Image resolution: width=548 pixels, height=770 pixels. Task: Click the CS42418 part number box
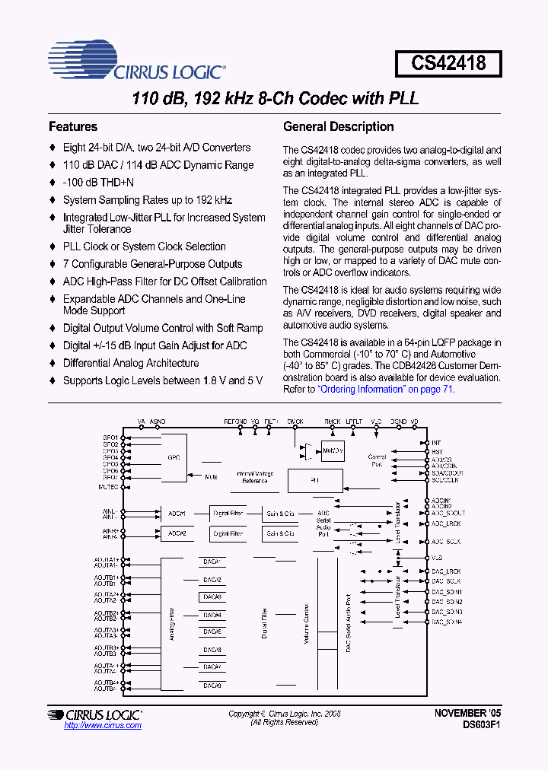448,63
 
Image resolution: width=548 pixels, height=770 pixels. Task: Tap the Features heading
73,127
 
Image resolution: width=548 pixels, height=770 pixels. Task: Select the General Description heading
338,127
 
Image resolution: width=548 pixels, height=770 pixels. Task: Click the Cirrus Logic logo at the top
137,62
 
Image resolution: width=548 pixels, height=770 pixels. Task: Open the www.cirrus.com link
103,726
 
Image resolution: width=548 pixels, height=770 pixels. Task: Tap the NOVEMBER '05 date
467,714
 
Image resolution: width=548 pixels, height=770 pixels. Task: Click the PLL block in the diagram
314,481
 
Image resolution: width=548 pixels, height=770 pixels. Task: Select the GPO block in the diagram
174,458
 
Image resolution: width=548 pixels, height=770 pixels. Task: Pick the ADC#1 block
177,514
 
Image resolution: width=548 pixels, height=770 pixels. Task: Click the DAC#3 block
212,597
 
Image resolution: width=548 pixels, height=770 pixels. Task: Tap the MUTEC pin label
108,485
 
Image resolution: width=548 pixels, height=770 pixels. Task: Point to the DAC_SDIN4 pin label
447,622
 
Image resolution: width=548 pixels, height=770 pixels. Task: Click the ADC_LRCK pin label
447,523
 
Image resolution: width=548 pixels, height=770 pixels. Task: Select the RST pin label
437,451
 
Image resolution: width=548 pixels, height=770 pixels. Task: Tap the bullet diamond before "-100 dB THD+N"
53,183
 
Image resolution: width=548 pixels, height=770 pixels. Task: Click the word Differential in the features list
91,363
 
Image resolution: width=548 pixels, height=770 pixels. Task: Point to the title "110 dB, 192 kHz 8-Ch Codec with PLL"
275,99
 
